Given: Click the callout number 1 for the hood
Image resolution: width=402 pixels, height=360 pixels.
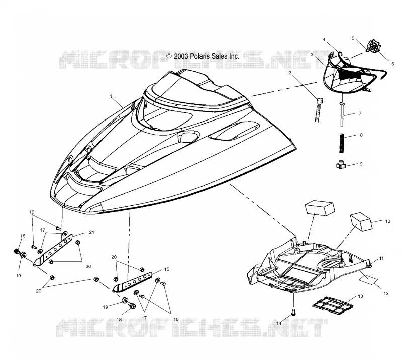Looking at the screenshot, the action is [111, 96].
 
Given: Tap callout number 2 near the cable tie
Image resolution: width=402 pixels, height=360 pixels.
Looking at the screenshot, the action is [290, 73].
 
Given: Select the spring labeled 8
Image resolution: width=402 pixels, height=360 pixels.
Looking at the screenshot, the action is [342, 143].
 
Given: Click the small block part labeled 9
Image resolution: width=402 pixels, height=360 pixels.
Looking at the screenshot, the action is [341, 165].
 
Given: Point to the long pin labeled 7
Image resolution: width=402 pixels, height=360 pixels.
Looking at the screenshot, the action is [342, 114].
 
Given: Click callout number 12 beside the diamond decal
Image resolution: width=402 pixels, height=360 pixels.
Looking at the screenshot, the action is [386, 293].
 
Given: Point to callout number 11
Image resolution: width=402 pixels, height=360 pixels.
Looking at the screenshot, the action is [381, 258].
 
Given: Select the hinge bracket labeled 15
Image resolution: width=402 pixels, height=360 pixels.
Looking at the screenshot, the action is [133, 282].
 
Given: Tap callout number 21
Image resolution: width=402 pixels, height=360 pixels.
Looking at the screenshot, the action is [91, 232].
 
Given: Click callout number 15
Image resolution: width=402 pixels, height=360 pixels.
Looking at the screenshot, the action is [167, 269].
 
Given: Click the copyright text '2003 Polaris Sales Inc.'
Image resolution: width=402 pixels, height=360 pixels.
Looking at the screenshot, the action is [207, 56].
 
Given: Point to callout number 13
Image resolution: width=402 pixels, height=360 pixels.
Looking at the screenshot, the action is [360, 296].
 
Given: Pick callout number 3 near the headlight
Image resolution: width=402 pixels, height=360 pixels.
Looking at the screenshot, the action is [312, 55].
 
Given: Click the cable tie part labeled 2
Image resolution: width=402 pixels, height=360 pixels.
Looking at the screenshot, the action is [318, 109].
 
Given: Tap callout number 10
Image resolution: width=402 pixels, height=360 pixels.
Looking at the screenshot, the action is [387, 221].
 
